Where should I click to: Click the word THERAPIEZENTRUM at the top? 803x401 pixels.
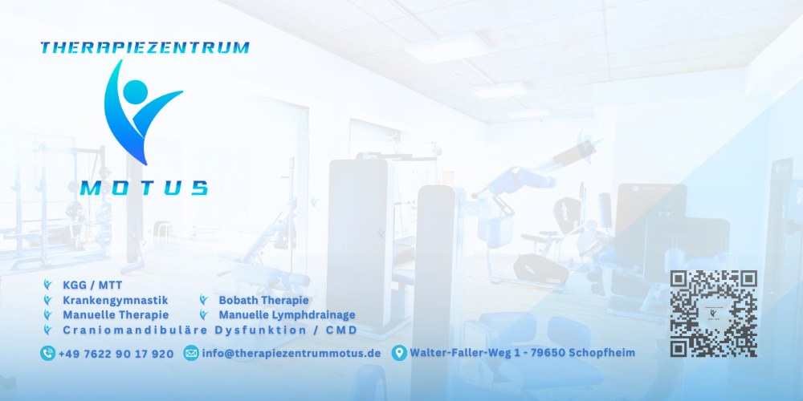pyautogui.click(x=145, y=48)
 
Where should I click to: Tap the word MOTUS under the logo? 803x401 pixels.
pyautogui.click(x=145, y=188)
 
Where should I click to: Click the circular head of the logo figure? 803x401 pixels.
pyautogui.click(x=136, y=91)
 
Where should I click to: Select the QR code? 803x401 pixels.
pyautogui.click(x=714, y=314)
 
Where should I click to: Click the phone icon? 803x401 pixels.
pyautogui.click(x=48, y=353)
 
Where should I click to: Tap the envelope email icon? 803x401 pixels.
pyautogui.click(x=191, y=353)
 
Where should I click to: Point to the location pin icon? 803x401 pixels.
pyautogui.click(x=398, y=353)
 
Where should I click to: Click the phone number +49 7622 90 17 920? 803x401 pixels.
pyautogui.click(x=116, y=354)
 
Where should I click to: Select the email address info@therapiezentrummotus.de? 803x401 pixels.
pyautogui.click(x=291, y=354)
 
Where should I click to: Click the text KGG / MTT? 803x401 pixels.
pyautogui.click(x=92, y=285)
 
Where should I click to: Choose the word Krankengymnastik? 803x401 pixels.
pyautogui.click(x=115, y=300)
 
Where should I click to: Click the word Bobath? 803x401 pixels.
pyautogui.click(x=239, y=300)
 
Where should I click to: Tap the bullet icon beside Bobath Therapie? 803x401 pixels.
pyautogui.click(x=204, y=300)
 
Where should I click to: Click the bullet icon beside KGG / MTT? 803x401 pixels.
pyautogui.click(x=48, y=285)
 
